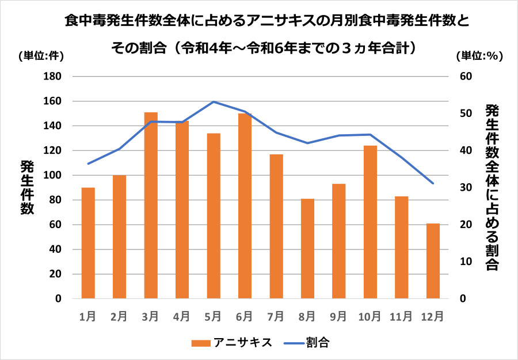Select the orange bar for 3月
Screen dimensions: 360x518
[151, 205]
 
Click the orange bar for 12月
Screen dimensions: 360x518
[432, 260]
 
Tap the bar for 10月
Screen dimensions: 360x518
[370, 222]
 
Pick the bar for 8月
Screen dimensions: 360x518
[307, 248]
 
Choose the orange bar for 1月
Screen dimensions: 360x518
[88, 242]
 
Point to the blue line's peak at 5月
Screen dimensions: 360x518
[214, 101]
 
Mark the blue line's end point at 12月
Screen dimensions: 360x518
[432, 183]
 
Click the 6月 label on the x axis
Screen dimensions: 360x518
[245, 316]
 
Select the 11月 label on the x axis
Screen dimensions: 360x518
[401, 316]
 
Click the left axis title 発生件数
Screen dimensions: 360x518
[27, 187]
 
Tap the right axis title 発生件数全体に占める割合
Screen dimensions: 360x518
[491, 187]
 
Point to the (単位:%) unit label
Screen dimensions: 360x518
[479, 56]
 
